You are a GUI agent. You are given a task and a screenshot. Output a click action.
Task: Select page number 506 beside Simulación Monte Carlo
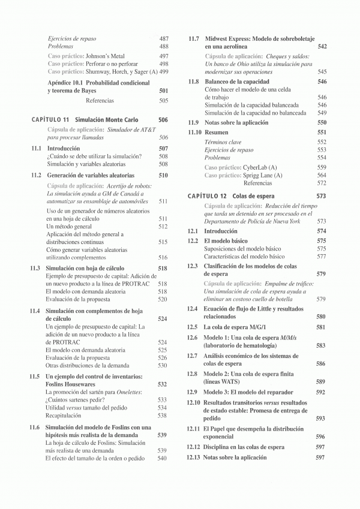[163, 120]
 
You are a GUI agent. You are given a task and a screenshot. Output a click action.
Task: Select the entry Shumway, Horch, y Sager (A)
[118, 72]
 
